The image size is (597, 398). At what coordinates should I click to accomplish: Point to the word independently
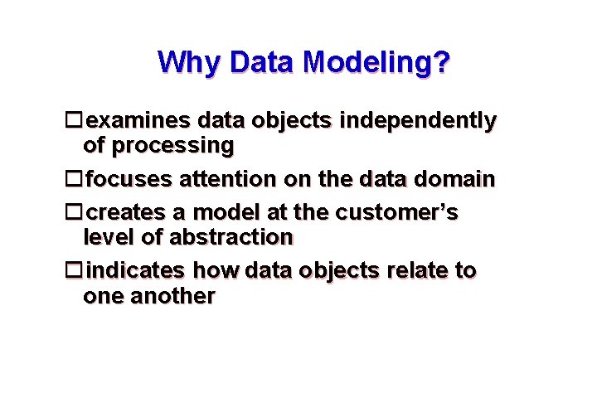(x=418, y=121)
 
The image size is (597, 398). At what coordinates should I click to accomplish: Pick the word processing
(x=173, y=146)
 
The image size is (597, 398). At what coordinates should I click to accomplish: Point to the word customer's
(x=396, y=213)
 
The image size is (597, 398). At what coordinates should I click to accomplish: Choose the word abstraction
(x=231, y=238)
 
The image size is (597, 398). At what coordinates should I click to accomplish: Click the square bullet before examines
(x=75, y=121)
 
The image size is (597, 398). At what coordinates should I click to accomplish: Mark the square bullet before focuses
(x=75, y=179)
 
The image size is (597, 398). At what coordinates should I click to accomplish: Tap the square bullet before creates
(x=75, y=213)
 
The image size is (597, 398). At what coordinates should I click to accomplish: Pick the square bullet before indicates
(x=75, y=271)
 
